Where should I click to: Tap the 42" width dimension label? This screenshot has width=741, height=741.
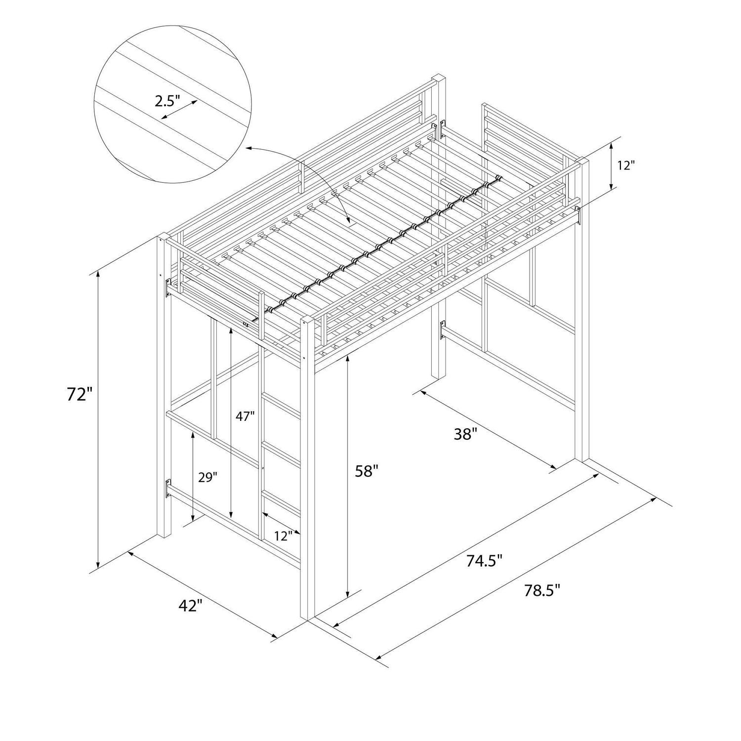pos(190,606)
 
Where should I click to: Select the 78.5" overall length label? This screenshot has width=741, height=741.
pos(542,591)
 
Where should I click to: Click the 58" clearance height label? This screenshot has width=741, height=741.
pos(367,472)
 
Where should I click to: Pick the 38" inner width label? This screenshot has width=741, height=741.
pos(465,435)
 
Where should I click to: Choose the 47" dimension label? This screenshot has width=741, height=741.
pos(245,416)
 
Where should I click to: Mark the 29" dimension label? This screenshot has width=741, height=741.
pos(207,477)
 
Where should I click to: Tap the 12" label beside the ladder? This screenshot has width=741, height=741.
pos(284,536)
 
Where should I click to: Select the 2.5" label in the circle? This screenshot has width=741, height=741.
pos(167,101)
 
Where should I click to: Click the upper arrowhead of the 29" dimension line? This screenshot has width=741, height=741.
pos(192,435)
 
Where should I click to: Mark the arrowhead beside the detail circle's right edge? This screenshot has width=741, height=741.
pos(249,147)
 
